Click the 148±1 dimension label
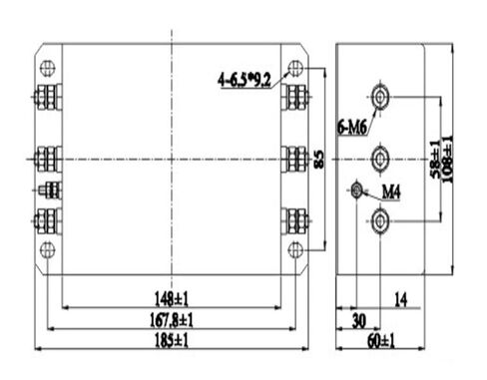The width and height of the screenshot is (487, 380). click(x=173, y=298)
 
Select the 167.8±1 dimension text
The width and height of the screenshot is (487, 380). click(x=173, y=319)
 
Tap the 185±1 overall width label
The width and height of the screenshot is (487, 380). click(x=173, y=340)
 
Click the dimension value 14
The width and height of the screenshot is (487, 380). click(x=401, y=298)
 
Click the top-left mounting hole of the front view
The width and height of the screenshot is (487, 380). click(x=46, y=68)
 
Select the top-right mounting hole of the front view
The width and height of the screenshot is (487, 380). click(x=293, y=68)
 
